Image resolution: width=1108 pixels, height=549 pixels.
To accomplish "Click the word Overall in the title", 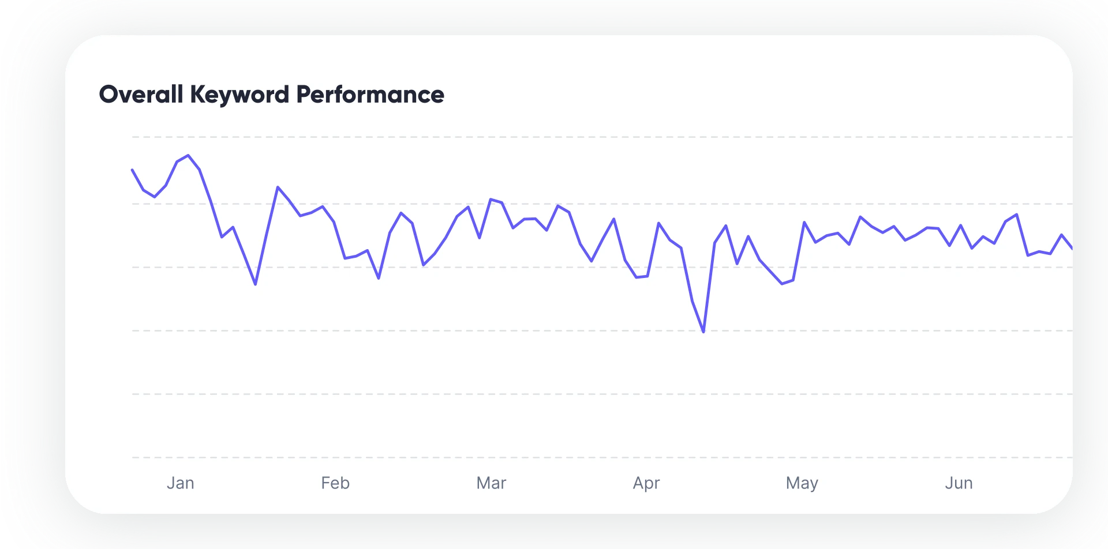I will (141, 95).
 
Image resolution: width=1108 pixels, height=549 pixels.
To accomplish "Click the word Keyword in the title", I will (239, 95).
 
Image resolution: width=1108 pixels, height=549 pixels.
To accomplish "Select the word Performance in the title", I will (370, 95).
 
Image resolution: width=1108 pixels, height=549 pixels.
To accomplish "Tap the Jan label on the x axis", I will (180, 483).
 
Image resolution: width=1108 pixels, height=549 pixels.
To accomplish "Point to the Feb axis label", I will (335, 483).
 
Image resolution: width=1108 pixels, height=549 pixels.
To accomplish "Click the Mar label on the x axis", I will (491, 483).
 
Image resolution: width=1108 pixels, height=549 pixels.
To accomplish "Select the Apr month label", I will (646, 483).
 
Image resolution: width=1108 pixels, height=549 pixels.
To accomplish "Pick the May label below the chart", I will (802, 483).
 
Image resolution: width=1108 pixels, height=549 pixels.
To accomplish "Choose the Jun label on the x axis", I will (959, 483).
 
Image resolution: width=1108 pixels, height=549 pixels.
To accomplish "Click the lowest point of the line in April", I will (703, 332).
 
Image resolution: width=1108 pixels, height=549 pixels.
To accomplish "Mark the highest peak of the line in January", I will (188, 155).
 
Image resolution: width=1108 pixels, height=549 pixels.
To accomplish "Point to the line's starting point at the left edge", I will (133, 170).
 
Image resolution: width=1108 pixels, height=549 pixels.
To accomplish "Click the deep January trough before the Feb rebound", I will (255, 284).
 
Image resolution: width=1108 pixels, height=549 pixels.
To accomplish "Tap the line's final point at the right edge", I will (1072, 249).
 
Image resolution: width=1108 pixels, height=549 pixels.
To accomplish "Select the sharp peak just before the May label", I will (804, 222).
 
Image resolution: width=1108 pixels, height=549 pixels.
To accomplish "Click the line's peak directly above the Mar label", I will (491, 200).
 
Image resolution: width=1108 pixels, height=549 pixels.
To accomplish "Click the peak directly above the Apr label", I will (658, 223).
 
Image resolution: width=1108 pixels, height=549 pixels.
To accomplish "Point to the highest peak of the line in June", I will (1016, 215).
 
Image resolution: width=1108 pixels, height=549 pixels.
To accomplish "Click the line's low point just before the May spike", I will (782, 284).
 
